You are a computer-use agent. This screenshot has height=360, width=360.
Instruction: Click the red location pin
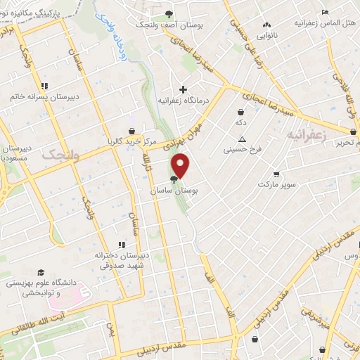181,165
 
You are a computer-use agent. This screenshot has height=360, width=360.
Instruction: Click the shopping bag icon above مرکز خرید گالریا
131,130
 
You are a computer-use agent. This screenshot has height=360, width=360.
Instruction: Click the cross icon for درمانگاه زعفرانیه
184,89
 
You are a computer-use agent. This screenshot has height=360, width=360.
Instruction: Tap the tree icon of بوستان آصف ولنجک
168,14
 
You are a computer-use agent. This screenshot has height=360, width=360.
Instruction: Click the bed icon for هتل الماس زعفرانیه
324,12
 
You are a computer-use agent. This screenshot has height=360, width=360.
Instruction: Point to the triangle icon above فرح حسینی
242,139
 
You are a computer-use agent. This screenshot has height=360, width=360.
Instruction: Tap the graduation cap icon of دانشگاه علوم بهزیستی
41,272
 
